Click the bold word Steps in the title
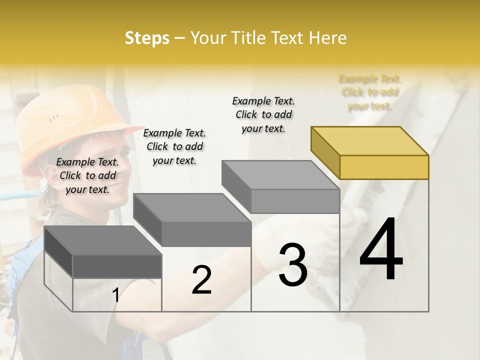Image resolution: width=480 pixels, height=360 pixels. pyautogui.click(x=147, y=38)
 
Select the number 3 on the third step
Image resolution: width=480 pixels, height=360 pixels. pyautogui.click(x=293, y=265)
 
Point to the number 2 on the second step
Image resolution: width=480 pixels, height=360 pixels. pyautogui.click(x=201, y=280)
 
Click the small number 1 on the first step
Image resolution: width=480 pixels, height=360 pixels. pyautogui.click(x=116, y=295)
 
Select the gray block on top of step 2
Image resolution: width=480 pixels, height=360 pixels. pyautogui.click(x=192, y=220)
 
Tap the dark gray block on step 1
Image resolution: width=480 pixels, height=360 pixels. pyautogui.click(x=103, y=252)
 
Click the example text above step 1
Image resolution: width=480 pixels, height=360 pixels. pyautogui.click(x=87, y=175)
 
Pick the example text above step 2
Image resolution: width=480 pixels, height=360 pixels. pyautogui.click(x=174, y=146)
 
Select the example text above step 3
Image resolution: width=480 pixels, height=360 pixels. pyautogui.click(x=263, y=114)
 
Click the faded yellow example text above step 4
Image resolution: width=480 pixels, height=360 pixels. pyautogui.click(x=370, y=92)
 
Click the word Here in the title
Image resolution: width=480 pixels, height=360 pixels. pyautogui.click(x=328, y=38)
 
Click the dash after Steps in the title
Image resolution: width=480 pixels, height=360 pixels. pyautogui.click(x=179, y=38)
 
